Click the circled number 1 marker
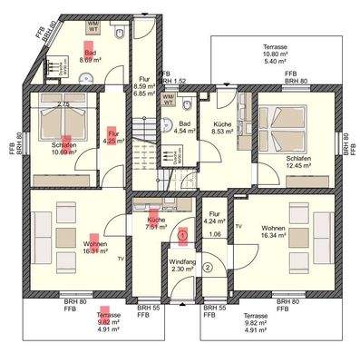click(x=182, y=234)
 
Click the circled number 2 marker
click(x=208, y=267)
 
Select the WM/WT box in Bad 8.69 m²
click(x=92, y=26)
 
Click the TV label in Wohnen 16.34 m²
click(x=238, y=224)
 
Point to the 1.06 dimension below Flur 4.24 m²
click(x=215, y=234)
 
